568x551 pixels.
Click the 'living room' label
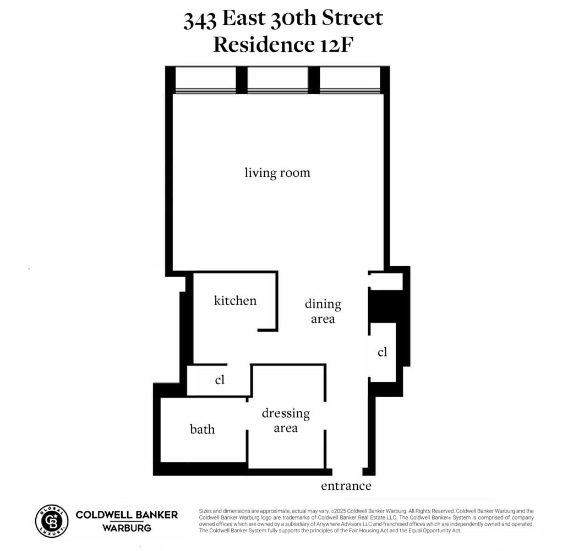pos(277,173)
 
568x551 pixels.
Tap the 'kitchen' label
pos(235,301)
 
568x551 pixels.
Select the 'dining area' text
pos(323,311)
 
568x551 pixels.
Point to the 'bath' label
pos(203,429)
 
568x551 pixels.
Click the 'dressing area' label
pos(286,420)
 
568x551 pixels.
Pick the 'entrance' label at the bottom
pos(346,486)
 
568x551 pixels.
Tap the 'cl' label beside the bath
pos(220,380)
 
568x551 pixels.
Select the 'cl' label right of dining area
pos(383,352)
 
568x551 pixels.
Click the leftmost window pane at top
pos(205,80)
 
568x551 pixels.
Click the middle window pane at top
pos(277,80)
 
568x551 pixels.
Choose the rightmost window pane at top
pos(349,80)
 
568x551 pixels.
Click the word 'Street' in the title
pos(345,19)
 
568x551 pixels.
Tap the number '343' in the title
pos(200,20)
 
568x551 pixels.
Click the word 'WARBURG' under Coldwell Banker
pos(127,528)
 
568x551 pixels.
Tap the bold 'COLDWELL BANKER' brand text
pos(127,515)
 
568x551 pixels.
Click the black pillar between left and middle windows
pos(242,80)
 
